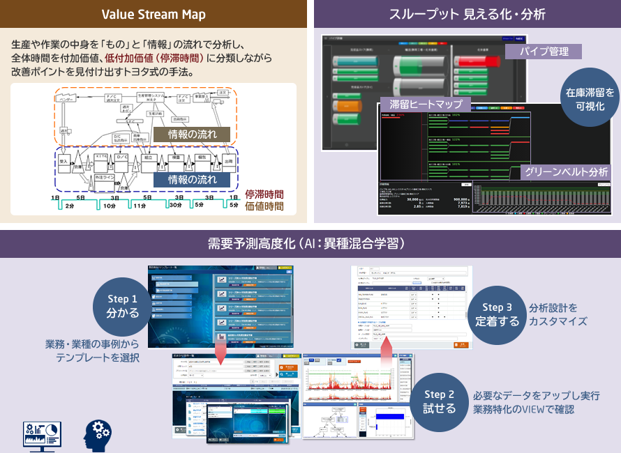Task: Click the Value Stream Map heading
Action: (x=154, y=14)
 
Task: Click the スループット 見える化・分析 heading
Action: (x=465, y=14)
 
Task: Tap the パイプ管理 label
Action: (x=545, y=52)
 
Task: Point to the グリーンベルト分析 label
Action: (x=566, y=171)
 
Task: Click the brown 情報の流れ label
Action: (x=193, y=135)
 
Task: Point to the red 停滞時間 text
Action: (x=264, y=194)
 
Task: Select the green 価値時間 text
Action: (x=264, y=206)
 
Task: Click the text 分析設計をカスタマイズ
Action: (x=558, y=314)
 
